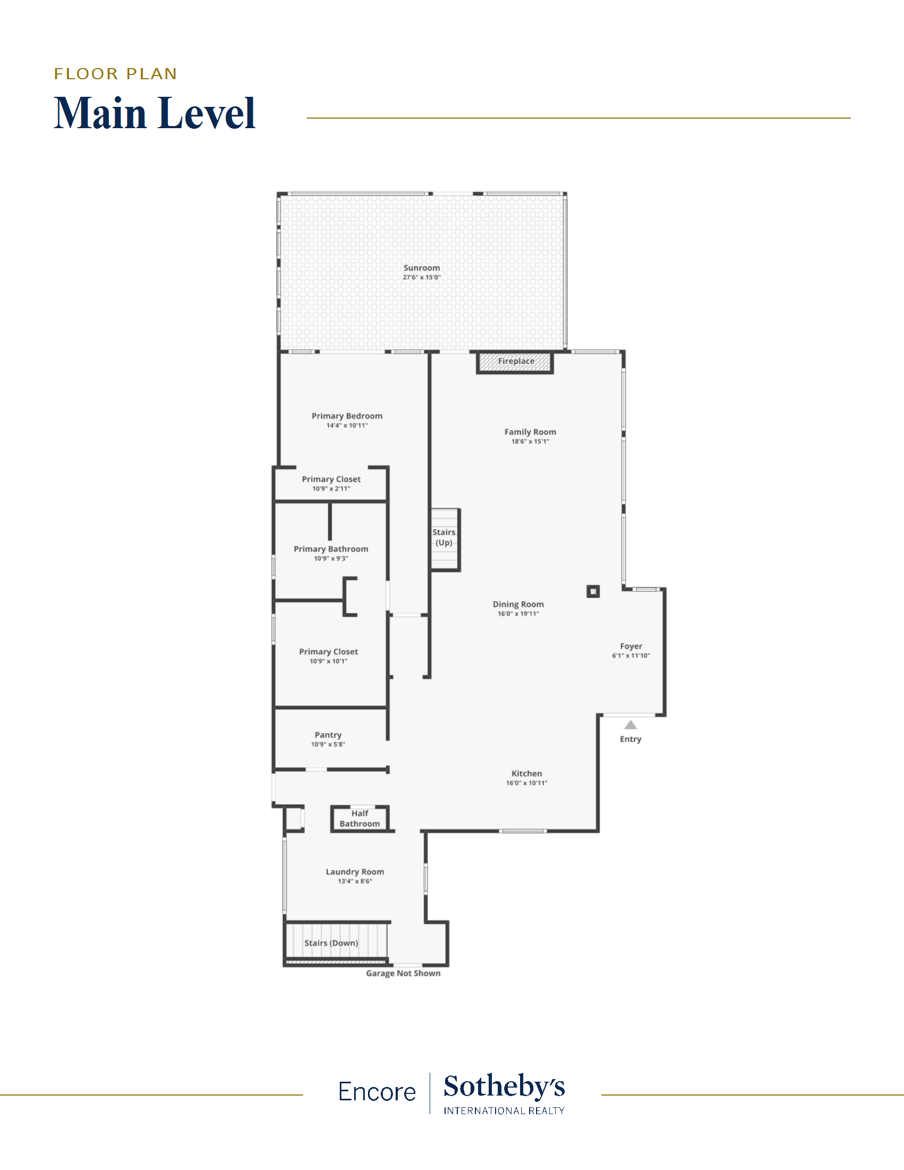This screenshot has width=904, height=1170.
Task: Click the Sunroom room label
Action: coord(422,268)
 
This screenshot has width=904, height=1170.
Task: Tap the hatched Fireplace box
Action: coord(515,362)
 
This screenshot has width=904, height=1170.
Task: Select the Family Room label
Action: coord(530,432)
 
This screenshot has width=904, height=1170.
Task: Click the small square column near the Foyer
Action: coord(593,591)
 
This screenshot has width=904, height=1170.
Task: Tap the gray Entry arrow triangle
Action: coord(630,725)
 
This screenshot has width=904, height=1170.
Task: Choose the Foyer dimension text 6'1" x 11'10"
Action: coord(631,656)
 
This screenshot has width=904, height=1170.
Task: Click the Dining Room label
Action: coord(518,604)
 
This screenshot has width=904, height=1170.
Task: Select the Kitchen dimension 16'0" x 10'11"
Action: coord(526,783)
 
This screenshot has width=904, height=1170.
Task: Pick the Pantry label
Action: coord(328,735)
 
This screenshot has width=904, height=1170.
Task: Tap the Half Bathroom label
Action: coord(360,818)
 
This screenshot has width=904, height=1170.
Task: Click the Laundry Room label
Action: coord(355,872)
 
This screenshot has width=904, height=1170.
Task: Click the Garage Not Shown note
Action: coord(403,973)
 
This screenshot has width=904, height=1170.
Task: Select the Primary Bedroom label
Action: coord(347,416)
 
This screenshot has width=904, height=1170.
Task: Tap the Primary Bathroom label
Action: coord(331,549)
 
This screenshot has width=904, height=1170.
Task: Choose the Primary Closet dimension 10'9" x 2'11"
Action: coord(331,489)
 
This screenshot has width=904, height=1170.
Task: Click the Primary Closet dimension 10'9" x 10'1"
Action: coord(328,661)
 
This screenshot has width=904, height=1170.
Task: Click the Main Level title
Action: coord(155,113)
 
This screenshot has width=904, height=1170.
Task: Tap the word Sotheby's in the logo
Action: coord(504,1088)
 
